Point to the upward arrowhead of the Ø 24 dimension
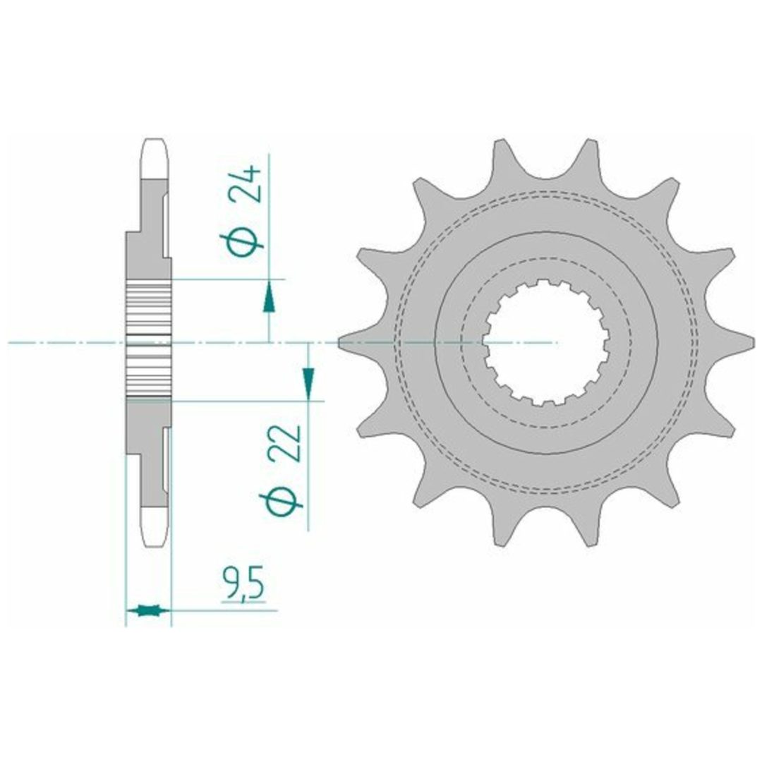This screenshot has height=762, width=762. (269, 298)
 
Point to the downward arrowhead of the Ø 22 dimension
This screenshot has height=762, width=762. (308, 382)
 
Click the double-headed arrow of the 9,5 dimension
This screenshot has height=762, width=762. (148, 610)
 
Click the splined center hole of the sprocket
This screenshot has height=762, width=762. (548, 343)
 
